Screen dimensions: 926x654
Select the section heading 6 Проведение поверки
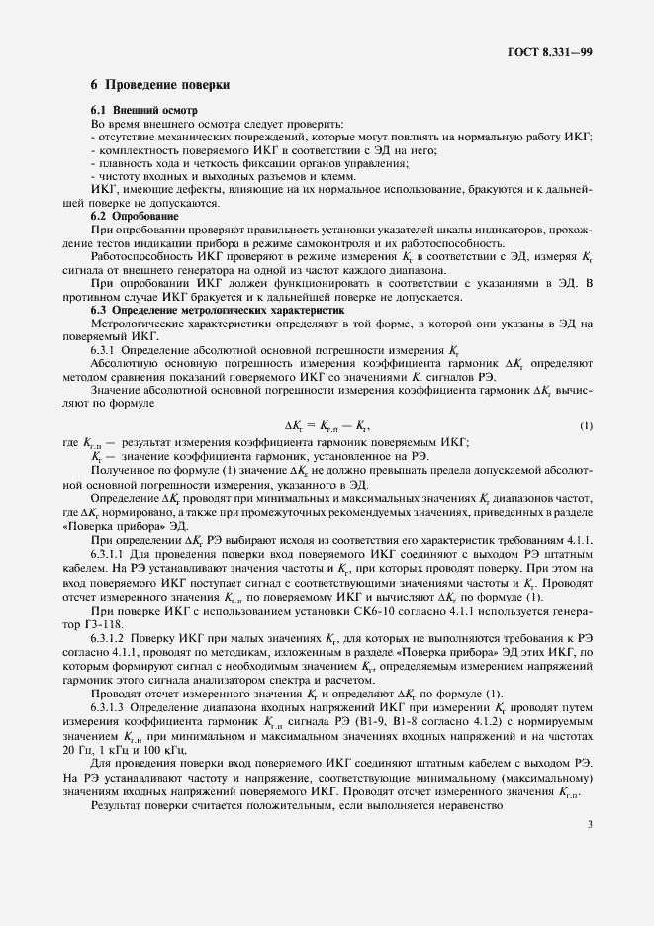click(x=160, y=85)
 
